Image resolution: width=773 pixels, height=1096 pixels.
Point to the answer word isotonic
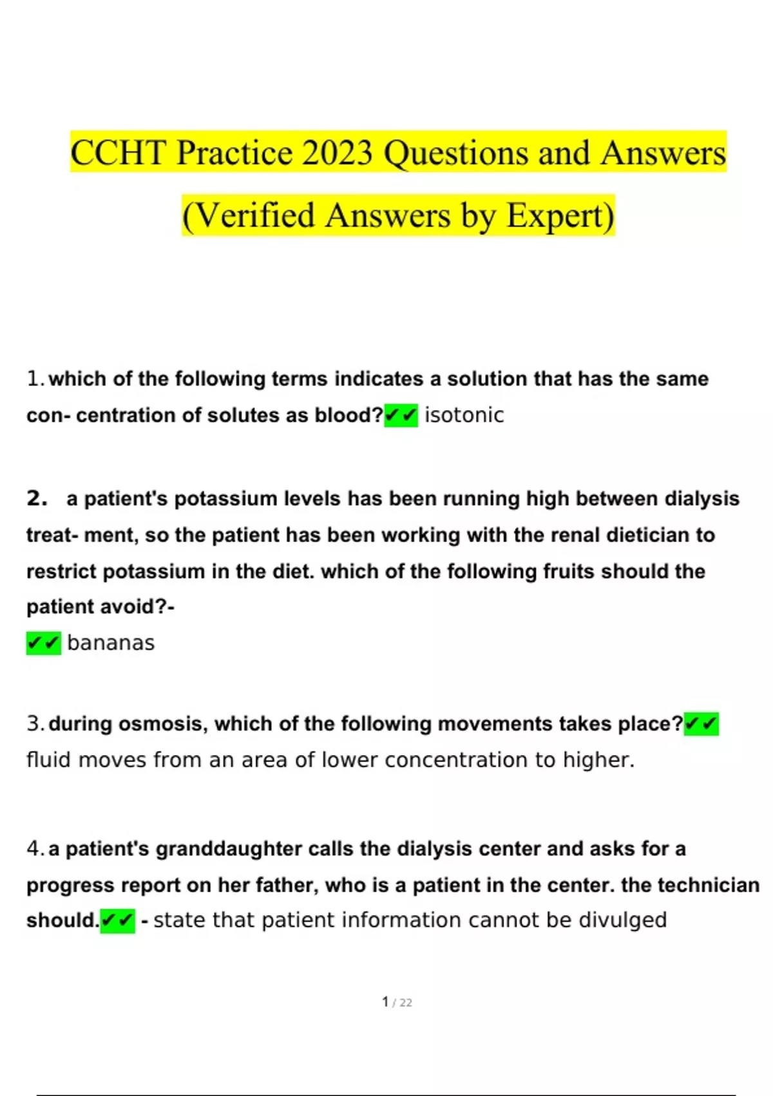[x=464, y=415]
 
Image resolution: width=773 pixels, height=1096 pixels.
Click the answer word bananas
[x=111, y=643]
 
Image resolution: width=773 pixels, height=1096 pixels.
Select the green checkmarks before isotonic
[x=401, y=415]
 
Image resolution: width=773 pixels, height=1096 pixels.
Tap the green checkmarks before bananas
[x=44, y=643]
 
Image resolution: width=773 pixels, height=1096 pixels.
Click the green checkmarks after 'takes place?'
[x=701, y=724]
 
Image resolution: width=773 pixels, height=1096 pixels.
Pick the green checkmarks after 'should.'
[x=118, y=921]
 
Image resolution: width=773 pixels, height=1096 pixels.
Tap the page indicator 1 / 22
[x=397, y=1003]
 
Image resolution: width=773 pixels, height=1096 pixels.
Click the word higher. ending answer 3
[x=598, y=760]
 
